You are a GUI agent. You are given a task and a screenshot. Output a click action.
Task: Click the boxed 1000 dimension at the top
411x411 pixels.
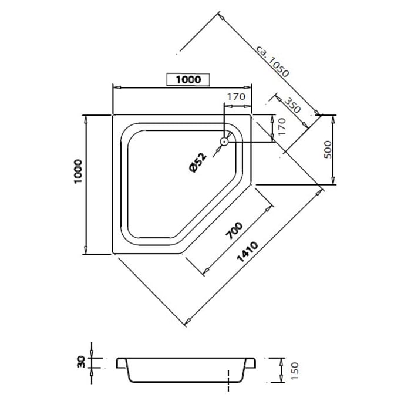188,79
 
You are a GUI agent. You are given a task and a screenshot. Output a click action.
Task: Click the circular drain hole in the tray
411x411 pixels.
224,141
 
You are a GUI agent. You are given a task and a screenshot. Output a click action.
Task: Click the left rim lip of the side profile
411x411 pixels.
121,362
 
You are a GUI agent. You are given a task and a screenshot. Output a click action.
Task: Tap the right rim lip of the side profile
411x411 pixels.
254,362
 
